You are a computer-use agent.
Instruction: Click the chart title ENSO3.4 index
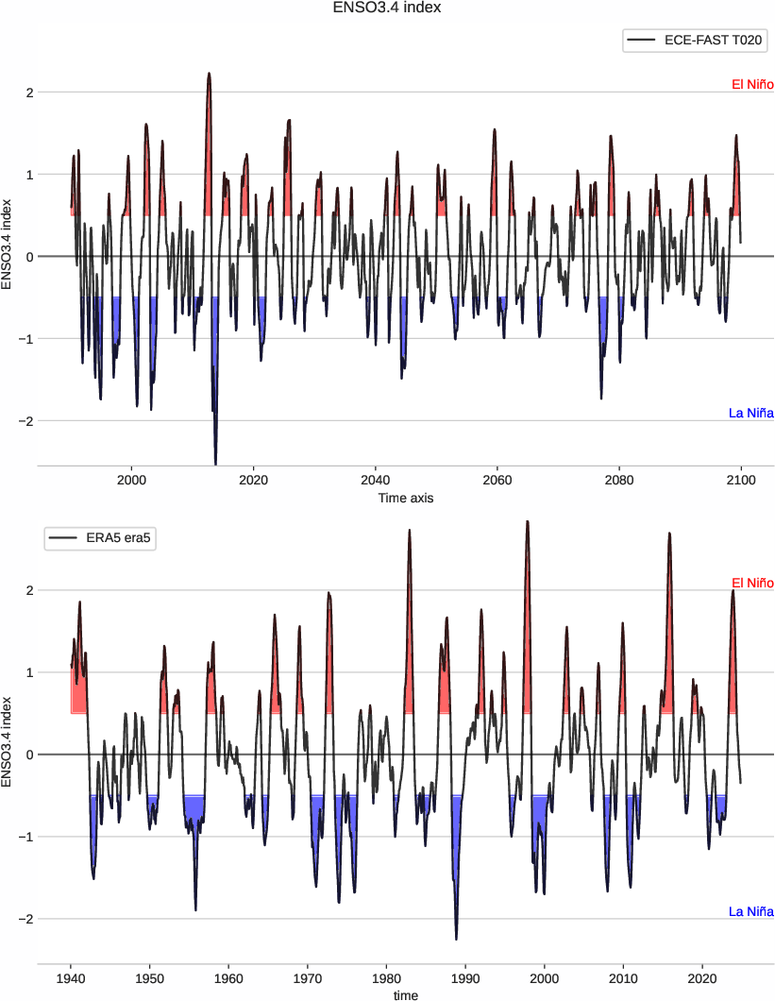(387, 8)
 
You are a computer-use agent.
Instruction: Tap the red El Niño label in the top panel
(752, 85)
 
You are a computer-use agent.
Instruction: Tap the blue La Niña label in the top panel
(751, 413)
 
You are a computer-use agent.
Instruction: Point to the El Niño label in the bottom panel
(752, 583)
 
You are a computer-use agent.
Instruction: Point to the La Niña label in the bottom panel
(751, 911)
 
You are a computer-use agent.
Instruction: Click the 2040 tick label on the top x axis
(376, 480)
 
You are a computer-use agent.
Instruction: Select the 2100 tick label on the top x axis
(741, 480)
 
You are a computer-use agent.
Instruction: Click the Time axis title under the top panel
(405, 497)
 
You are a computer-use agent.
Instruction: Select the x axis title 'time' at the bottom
(405, 994)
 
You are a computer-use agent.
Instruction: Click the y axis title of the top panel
(8, 245)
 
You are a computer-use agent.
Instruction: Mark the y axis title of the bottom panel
(8, 742)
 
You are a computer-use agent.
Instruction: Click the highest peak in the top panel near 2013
(209, 74)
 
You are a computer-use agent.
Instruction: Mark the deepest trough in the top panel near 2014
(215, 464)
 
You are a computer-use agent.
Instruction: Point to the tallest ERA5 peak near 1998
(527, 521)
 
